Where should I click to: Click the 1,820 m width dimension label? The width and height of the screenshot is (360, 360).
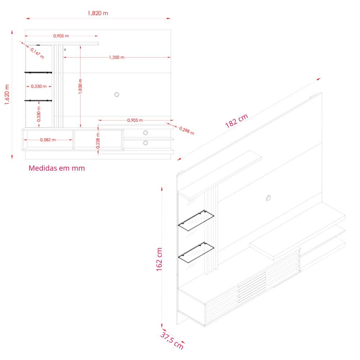point(98,13)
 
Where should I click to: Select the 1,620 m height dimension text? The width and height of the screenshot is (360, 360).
point(7,95)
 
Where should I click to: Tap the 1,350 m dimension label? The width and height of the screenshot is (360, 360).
point(117,58)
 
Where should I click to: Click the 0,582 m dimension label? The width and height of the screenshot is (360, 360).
point(48,140)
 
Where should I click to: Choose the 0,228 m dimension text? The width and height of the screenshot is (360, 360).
point(98,141)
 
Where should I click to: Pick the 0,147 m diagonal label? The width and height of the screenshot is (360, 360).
point(37,53)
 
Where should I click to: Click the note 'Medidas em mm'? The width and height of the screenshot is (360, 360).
point(57,168)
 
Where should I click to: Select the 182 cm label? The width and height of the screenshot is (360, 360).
point(237,121)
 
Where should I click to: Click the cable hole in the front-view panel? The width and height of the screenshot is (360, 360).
point(117,95)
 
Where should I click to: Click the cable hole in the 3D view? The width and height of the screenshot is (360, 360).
point(269,197)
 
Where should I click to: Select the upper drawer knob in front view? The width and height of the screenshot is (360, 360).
point(145,132)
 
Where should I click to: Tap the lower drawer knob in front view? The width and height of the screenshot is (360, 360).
point(145,143)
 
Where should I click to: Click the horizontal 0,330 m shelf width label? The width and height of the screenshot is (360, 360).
point(39,86)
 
